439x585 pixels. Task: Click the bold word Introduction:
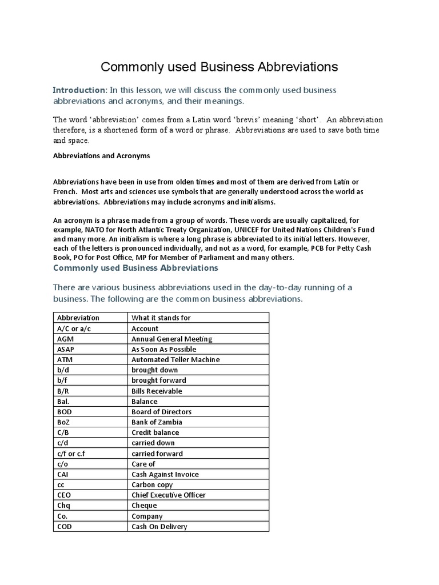tap(79, 90)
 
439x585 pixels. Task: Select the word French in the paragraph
tap(66, 192)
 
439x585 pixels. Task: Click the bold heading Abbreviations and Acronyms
tap(102, 155)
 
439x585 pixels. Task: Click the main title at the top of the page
tap(219, 67)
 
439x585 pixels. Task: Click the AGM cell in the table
tap(66, 339)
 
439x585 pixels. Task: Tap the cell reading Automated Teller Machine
tap(175, 359)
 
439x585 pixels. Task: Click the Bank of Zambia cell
tap(157, 422)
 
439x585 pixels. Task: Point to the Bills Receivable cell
tap(157, 391)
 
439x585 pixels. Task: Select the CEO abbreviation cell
tap(65, 495)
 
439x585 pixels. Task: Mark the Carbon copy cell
tap(152, 484)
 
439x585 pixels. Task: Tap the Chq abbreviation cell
tap(65, 506)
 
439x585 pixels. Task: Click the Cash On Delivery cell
tap(159, 526)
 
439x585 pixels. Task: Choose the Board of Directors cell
tap(162, 412)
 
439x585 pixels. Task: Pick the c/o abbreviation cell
tap(62, 464)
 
